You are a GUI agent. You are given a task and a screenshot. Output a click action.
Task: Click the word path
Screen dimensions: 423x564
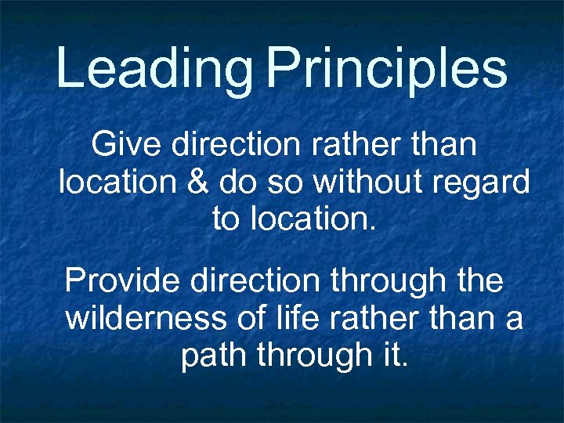[208, 356]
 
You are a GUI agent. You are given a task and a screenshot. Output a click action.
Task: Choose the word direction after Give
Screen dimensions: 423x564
[232, 145]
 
